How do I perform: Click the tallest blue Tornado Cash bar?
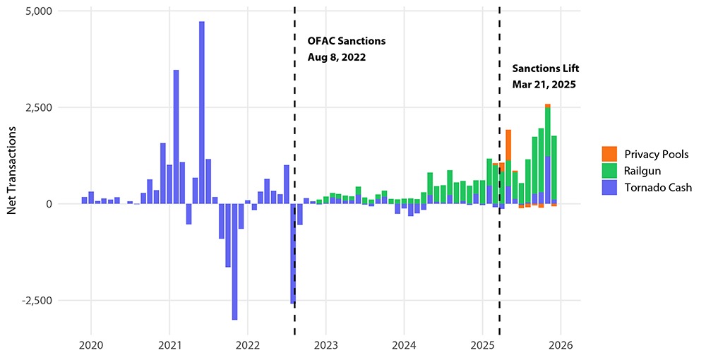(202, 113)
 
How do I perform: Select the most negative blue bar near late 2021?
(234, 261)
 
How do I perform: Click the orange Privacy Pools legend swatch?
(609, 154)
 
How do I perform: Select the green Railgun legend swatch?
(609, 170)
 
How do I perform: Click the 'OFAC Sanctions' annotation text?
(347, 41)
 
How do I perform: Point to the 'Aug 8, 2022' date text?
(337, 57)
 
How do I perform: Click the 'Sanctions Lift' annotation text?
(544, 68)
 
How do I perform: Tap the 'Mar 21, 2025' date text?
(544, 84)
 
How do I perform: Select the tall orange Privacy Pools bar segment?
(508, 145)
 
